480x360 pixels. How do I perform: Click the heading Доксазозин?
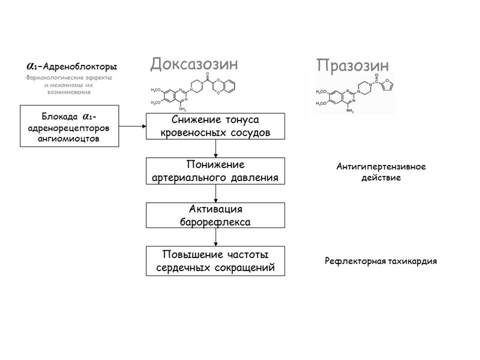[x=194, y=64]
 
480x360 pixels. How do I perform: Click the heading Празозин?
[x=353, y=65]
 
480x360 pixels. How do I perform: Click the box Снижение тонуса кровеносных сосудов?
[x=215, y=126]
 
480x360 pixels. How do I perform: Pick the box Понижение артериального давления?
[x=215, y=171]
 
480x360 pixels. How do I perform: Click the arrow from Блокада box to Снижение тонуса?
[x=133, y=126]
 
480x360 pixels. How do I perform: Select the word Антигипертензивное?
[x=381, y=167]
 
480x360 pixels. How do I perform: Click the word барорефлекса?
[x=215, y=222]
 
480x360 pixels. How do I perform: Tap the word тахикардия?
[x=412, y=262]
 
